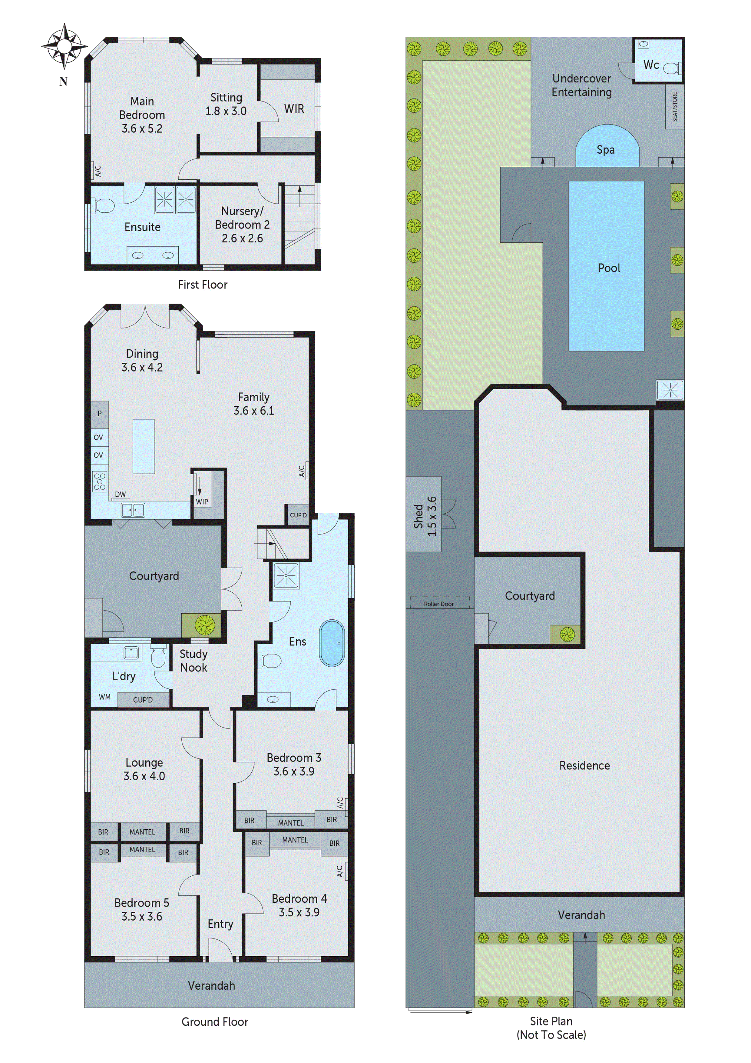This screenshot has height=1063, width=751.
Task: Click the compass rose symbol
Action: point(64,46)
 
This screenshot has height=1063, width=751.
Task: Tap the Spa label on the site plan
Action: point(605,150)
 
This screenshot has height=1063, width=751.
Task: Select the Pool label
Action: point(608,268)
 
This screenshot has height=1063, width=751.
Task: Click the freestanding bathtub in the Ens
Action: point(332,643)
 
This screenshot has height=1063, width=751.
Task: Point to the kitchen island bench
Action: point(144,446)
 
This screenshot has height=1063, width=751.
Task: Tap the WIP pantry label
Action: point(202,502)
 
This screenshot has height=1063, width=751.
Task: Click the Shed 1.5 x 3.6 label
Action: point(425,516)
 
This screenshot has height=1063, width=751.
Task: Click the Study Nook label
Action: point(194,661)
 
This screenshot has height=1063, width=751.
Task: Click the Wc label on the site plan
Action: point(651,65)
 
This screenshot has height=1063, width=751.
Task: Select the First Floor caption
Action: point(203,285)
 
